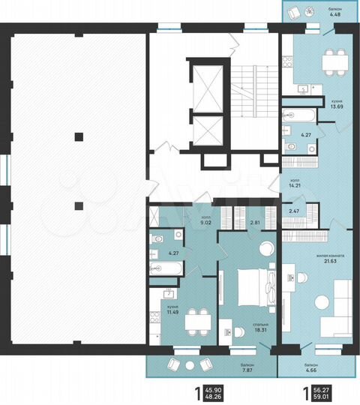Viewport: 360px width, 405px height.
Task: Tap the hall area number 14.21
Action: click(x=295, y=185)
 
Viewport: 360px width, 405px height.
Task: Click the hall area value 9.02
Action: click(x=205, y=223)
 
